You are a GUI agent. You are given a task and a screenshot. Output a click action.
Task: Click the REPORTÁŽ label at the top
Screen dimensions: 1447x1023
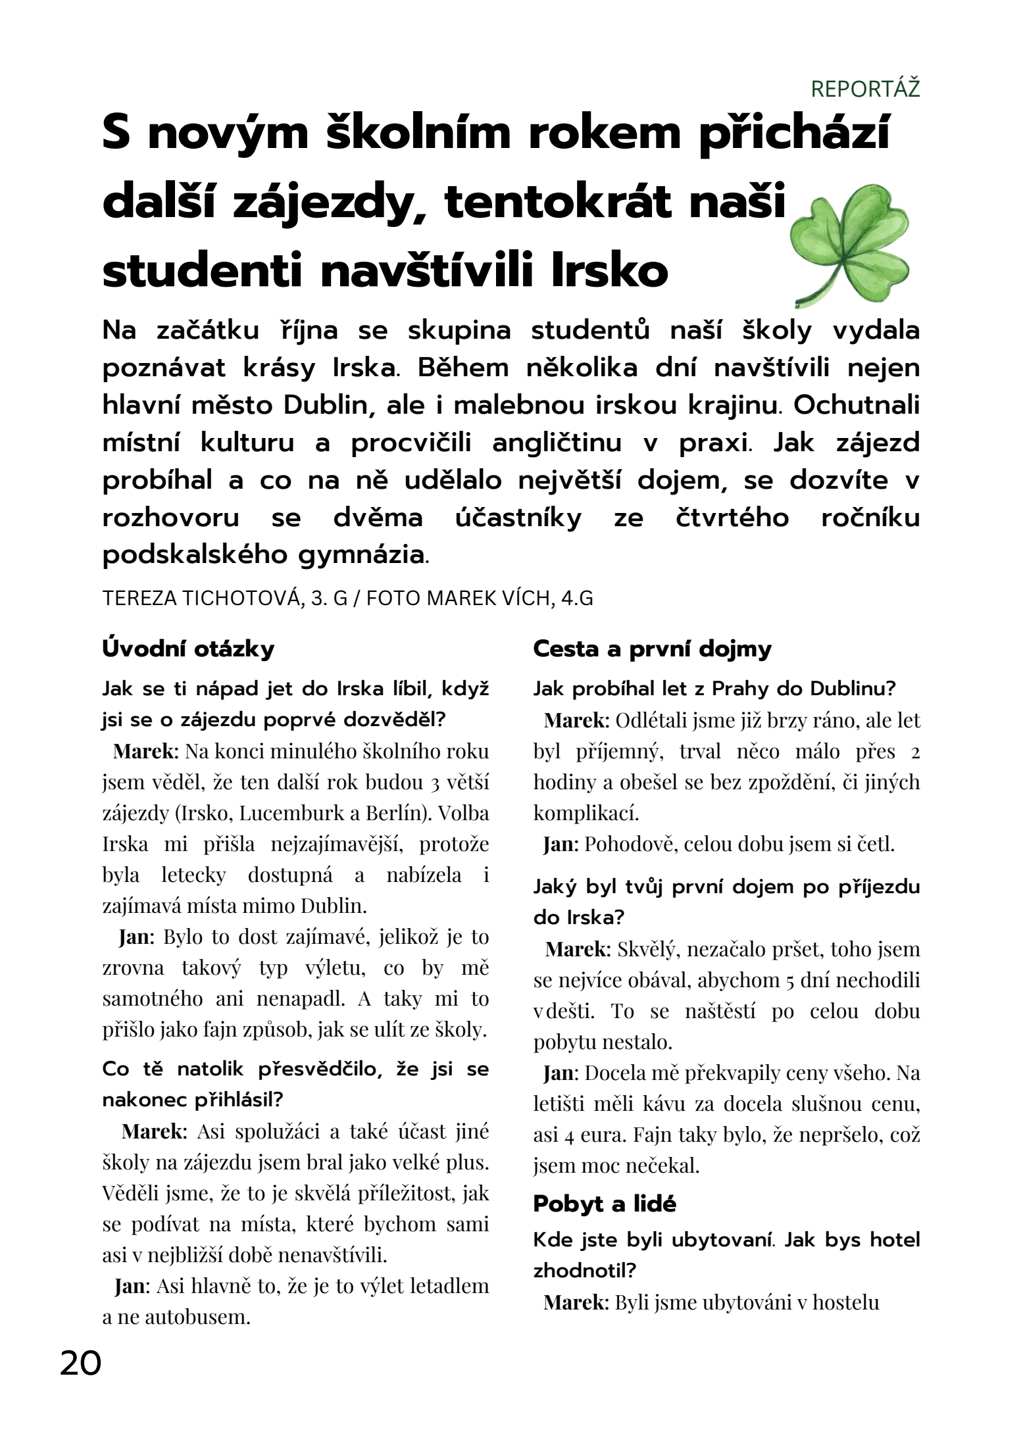pyautogui.click(x=865, y=89)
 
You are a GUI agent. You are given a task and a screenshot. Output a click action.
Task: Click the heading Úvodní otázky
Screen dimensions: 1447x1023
pyautogui.click(x=188, y=649)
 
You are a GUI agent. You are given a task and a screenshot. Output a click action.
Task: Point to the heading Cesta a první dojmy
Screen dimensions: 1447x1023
pyautogui.click(x=652, y=649)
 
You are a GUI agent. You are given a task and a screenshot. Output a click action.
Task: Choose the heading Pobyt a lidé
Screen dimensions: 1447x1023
pyautogui.click(x=605, y=1204)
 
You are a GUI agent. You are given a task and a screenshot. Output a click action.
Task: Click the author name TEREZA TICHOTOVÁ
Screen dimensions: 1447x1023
pyautogui.click(x=202, y=599)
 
